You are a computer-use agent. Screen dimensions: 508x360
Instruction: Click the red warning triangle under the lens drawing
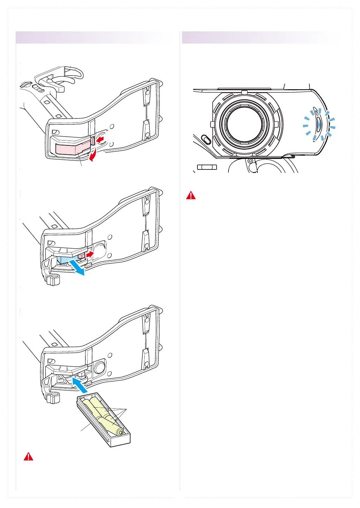pyautogui.click(x=191, y=195)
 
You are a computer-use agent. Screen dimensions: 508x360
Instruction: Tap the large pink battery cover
pyautogui.click(x=72, y=147)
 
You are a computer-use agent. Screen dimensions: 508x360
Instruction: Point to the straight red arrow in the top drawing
pyautogui.click(x=100, y=140)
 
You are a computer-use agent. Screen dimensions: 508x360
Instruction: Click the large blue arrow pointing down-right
pyautogui.click(x=76, y=267)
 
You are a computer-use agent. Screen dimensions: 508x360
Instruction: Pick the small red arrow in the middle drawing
pyautogui.click(x=90, y=255)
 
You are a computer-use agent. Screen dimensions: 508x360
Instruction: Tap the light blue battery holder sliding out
pyautogui.click(x=65, y=259)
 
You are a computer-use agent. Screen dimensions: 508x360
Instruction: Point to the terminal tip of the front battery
pyautogui.click(x=120, y=433)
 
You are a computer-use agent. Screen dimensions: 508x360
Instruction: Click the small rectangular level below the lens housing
pyautogui.click(x=207, y=167)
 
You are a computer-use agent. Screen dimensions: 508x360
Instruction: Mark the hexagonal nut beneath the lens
pyautogui.click(x=250, y=161)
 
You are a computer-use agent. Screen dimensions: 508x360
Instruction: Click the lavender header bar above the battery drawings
pyautogui.click(x=94, y=37)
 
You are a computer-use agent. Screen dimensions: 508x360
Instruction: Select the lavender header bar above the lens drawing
pyautogui.click(x=261, y=37)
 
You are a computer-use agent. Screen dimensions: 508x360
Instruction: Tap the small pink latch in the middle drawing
pyautogui.click(x=81, y=256)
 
